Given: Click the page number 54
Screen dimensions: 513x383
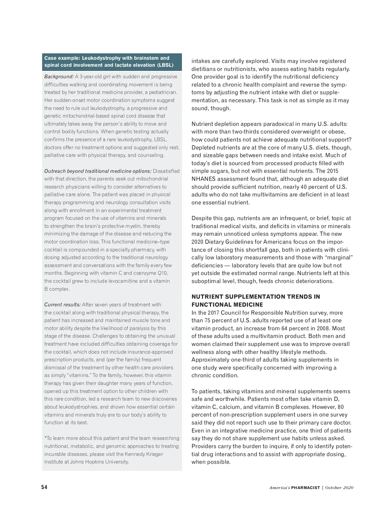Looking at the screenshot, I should point(44,487).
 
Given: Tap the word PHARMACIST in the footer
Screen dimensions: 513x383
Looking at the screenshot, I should point(305,488).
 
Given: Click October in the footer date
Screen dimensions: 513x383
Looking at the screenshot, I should point(333,488).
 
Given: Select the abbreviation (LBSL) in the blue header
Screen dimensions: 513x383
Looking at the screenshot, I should point(165,65).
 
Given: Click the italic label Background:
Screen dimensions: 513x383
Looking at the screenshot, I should point(59,77).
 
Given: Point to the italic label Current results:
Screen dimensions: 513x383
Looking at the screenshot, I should point(62,305).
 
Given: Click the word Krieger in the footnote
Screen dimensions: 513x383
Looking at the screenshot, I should point(154,454).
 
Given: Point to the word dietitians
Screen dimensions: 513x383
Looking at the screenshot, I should point(206,69).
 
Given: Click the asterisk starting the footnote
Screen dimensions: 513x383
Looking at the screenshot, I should point(46,438).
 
